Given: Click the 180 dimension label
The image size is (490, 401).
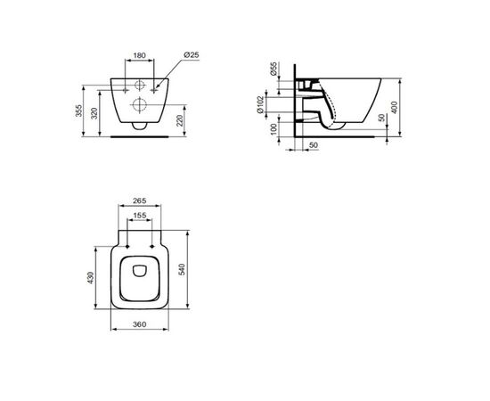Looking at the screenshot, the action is (139, 55).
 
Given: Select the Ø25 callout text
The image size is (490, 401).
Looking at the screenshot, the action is (192, 55).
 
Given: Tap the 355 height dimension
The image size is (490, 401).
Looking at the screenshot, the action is (79, 110).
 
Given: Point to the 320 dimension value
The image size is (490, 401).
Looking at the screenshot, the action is (94, 113).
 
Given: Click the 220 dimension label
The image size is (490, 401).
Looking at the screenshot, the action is (180, 120).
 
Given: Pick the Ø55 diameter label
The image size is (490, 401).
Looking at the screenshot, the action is (274, 69).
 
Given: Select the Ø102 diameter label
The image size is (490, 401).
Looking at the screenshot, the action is (260, 104).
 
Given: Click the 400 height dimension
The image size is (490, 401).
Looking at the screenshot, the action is (395, 107).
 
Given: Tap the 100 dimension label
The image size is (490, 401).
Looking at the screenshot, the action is (274, 129).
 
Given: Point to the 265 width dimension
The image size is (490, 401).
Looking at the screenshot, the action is (139, 200).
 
